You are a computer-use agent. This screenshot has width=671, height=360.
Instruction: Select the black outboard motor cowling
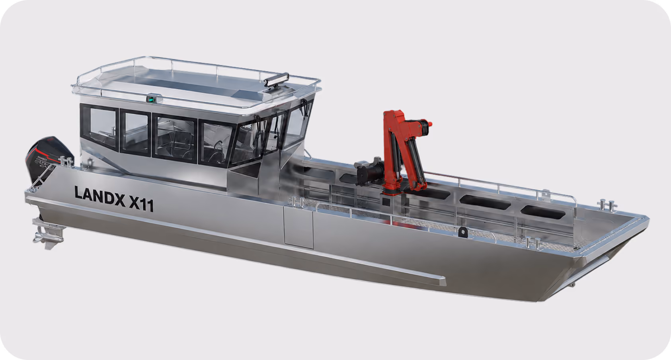click(x=49, y=159)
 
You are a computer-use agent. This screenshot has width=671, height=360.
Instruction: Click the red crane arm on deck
click(x=403, y=150)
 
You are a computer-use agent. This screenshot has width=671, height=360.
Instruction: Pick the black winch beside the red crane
click(x=369, y=172)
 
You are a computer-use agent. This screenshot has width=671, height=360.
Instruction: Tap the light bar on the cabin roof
click(x=276, y=79)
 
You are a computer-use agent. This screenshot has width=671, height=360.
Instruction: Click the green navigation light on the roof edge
click(x=151, y=99)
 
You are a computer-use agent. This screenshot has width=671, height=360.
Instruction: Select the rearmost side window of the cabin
click(x=99, y=126)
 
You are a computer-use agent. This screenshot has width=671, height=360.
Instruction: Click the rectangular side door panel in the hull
click(x=298, y=227)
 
